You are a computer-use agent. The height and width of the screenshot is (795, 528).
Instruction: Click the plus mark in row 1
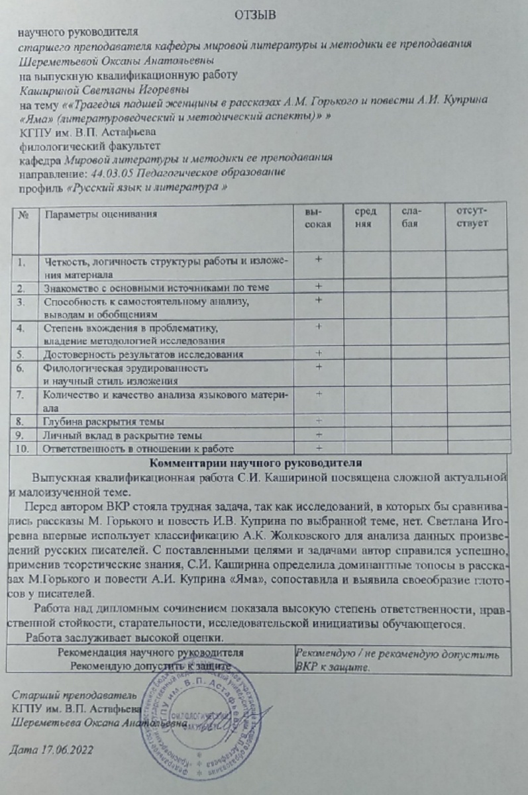(x=319, y=260)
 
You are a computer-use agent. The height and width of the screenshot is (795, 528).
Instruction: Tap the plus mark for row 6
(x=319, y=366)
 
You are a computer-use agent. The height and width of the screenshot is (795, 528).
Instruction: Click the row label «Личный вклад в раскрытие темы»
(x=123, y=436)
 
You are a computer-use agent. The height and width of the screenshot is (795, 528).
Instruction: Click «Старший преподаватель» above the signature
(x=74, y=695)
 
